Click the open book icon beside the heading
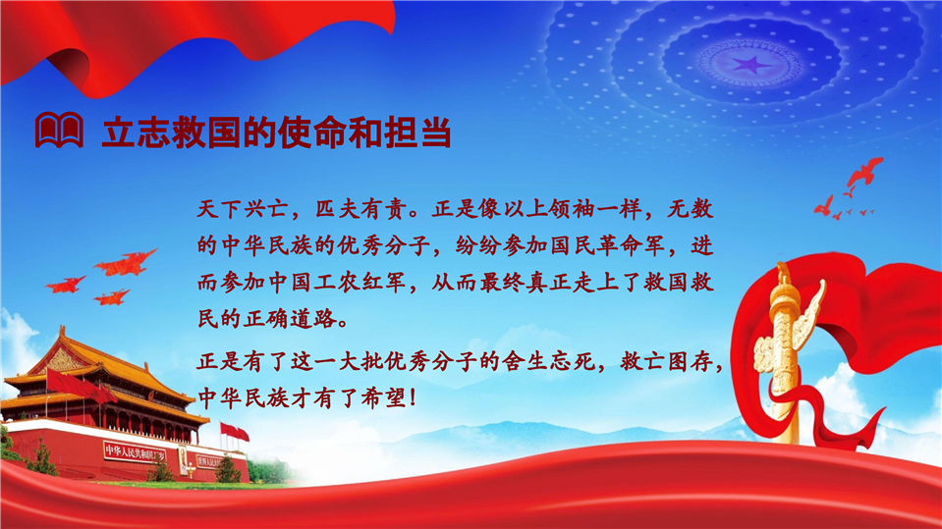tap(59, 130)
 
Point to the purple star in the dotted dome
tap(750, 64)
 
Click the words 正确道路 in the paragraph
tap(290, 319)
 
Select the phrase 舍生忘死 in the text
tap(550, 361)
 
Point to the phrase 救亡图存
tap(666, 361)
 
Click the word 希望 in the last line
tap(384, 398)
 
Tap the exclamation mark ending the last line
tap(413, 398)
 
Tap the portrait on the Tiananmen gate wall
tap(183, 458)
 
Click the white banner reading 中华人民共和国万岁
tap(135, 451)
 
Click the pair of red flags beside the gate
tap(235, 432)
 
